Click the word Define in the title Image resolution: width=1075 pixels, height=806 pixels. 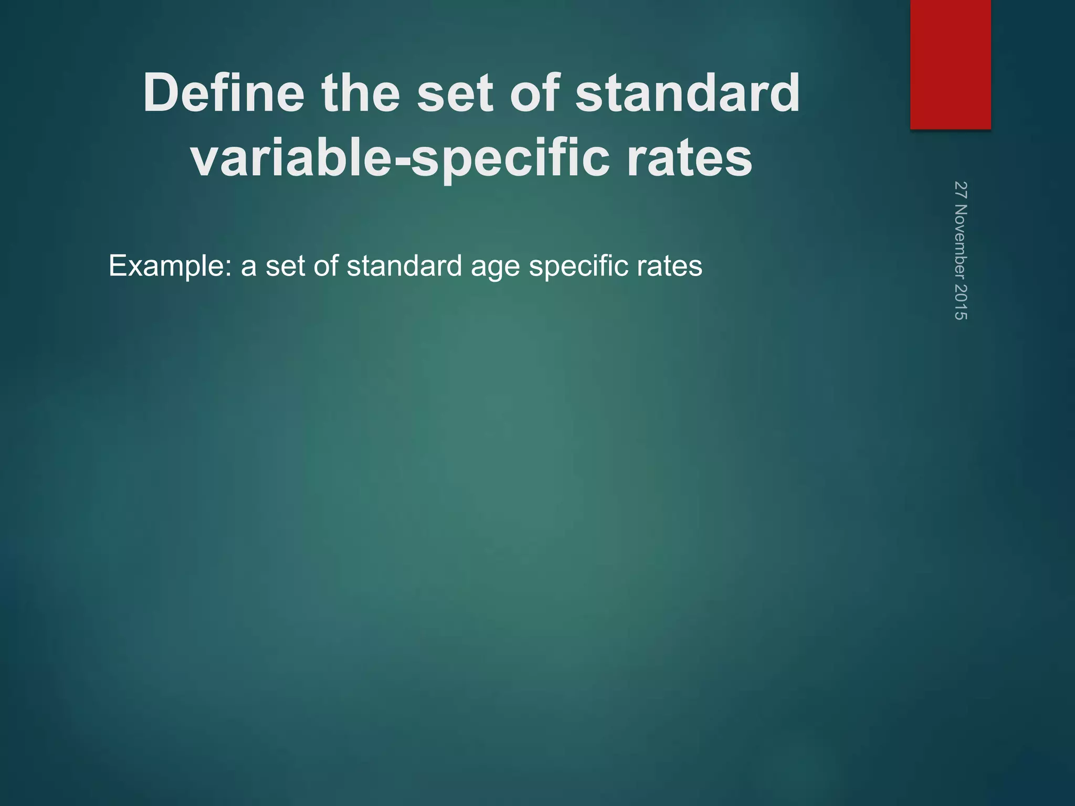tap(224, 93)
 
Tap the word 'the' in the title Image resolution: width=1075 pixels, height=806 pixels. tap(361, 93)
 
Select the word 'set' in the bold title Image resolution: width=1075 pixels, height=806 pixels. tap(456, 93)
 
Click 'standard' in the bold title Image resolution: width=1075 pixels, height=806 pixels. tap(688, 93)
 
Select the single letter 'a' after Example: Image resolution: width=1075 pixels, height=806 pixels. tap(248, 266)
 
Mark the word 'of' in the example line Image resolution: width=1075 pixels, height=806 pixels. tap(325, 266)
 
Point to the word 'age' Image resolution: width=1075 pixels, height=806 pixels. tap(495, 266)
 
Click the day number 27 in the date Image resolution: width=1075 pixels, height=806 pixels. tap(961, 189)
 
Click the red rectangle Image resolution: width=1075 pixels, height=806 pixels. tap(950, 64)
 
